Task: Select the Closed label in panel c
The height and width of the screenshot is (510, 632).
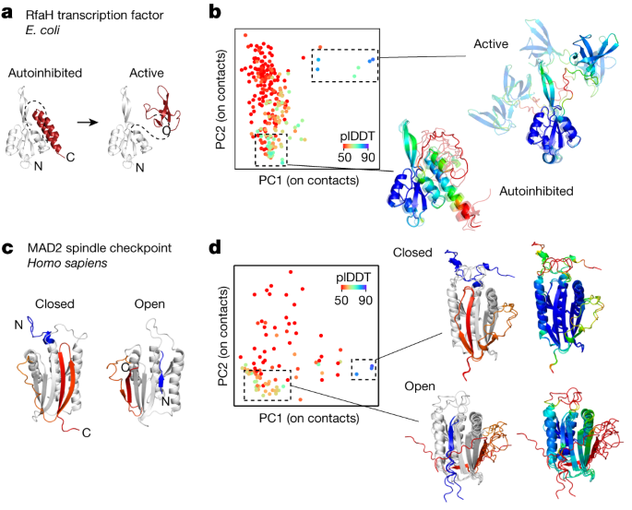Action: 54,302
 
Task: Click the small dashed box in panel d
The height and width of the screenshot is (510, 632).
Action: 364,368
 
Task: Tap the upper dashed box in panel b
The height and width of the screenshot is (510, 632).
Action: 344,63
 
